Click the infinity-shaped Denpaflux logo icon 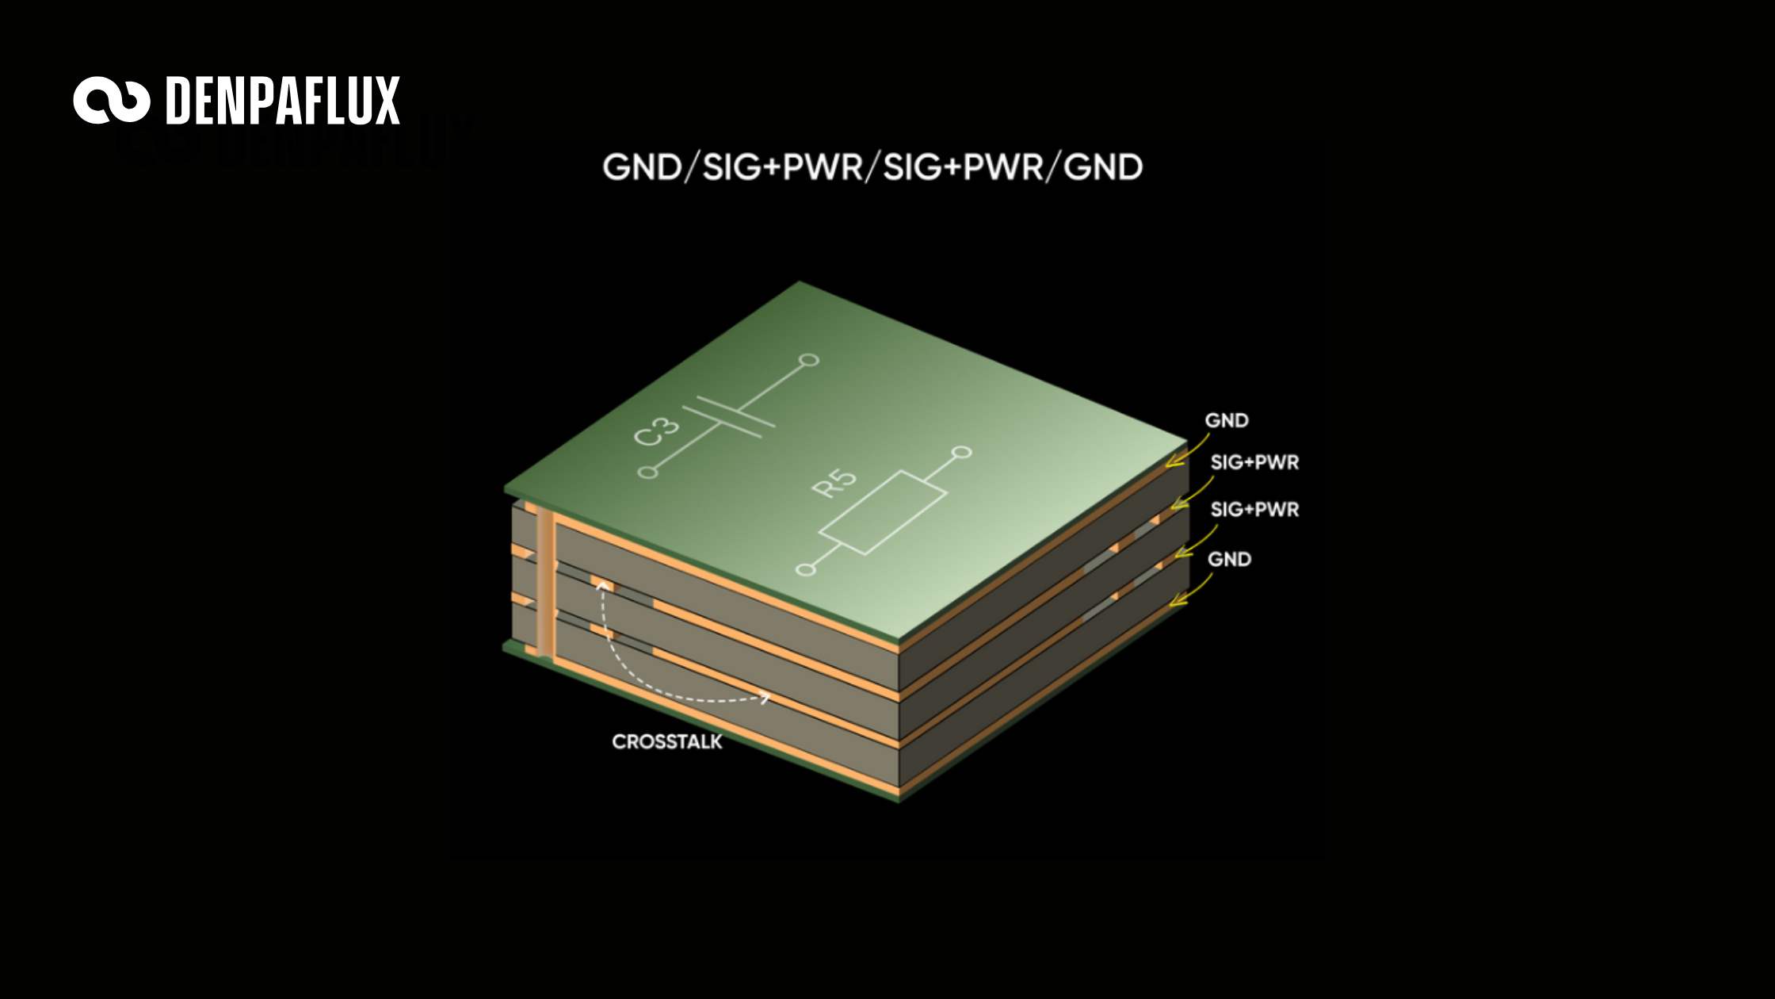(x=112, y=101)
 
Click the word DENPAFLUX (x=283, y=101)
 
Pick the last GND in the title (x=1103, y=167)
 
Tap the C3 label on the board (x=658, y=433)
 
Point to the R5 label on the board (x=834, y=483)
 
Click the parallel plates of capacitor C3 (x=729, y=416)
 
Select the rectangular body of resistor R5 (x=883, y=513)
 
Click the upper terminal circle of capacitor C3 (x=809, y=360)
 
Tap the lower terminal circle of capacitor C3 (x=648, y=473)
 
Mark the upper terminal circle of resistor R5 (x=962, y=453)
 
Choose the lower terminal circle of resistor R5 (x=805, y=569)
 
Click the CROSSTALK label (x=667, y=742)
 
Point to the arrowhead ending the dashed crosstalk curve (x=765, y=698)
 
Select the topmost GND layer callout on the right (x=1227, y=420)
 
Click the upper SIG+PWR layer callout (x=1254, y=462)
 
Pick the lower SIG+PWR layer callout (x=1254, y=510)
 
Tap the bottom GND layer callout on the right (x=1229, y=560)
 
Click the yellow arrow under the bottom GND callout (x=1191, y=590)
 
